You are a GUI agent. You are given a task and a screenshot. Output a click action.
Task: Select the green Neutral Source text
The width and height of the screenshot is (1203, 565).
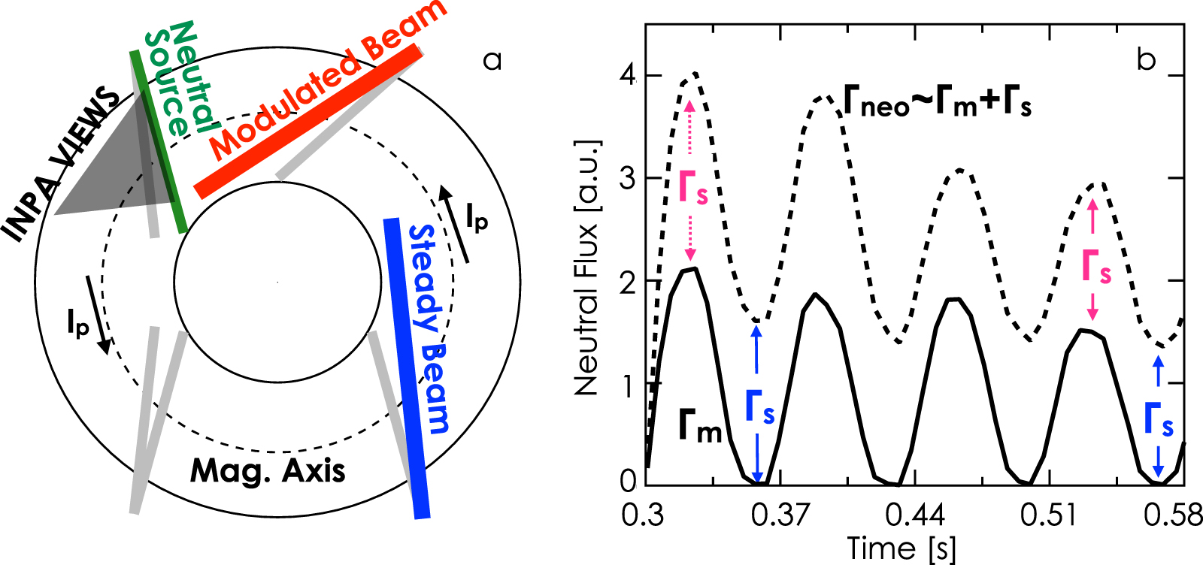177,79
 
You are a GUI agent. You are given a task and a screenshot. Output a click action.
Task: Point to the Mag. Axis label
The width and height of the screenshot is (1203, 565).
268,471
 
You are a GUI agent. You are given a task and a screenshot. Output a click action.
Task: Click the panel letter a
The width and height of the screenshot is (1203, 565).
492,60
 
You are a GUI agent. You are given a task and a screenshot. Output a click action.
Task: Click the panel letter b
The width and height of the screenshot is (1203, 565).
1146,59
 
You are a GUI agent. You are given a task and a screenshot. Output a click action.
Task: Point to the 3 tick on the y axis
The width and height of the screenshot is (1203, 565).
628,179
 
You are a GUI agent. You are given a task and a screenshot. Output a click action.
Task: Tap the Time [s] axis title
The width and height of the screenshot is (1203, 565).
901,548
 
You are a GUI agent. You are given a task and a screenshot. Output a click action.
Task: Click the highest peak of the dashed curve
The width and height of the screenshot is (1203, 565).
695,74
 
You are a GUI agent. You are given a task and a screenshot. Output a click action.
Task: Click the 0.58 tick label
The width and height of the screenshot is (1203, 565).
1173,515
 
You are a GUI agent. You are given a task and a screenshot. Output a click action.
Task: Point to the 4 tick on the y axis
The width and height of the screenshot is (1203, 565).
628,76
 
